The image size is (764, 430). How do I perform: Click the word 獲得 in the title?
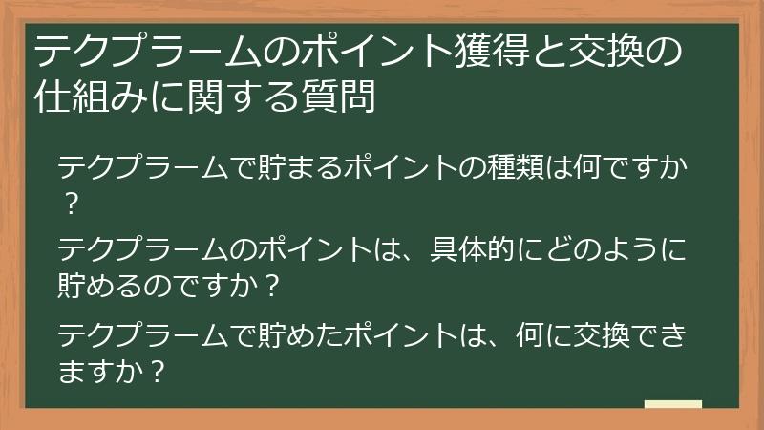[492, 51]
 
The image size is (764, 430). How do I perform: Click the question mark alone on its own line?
[69, 203]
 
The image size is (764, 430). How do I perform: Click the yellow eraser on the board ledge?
[672, 404]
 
